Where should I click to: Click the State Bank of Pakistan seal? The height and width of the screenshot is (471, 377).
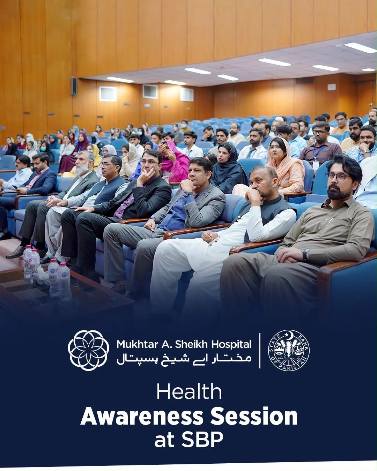click(x=288, y=350)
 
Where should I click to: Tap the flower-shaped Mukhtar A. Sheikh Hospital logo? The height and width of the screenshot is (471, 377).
click(x=88, y=350)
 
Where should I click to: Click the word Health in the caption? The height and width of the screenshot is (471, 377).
click(x=189, y=392)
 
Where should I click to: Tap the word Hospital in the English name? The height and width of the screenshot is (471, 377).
click(x=231, y=344)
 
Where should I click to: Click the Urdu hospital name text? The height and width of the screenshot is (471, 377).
click(x=184, y=359)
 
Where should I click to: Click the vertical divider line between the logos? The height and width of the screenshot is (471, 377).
click(x=260, y=351)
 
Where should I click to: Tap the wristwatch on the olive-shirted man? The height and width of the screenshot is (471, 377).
click(x=305, y=254)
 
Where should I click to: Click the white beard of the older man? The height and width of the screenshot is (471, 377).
click(x=82, y=170)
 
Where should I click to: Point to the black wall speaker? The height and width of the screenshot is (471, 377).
click(x=74, y=86)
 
